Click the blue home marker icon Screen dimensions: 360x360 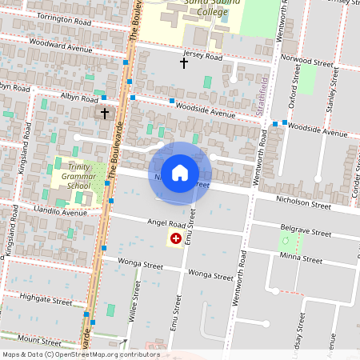point(180,173)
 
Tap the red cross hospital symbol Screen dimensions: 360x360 point(174,239)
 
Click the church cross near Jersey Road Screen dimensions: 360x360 point(183,62)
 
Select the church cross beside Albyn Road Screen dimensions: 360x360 point(104,114)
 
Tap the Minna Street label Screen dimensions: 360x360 point(301,259)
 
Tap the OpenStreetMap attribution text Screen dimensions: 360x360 point(80,354)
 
